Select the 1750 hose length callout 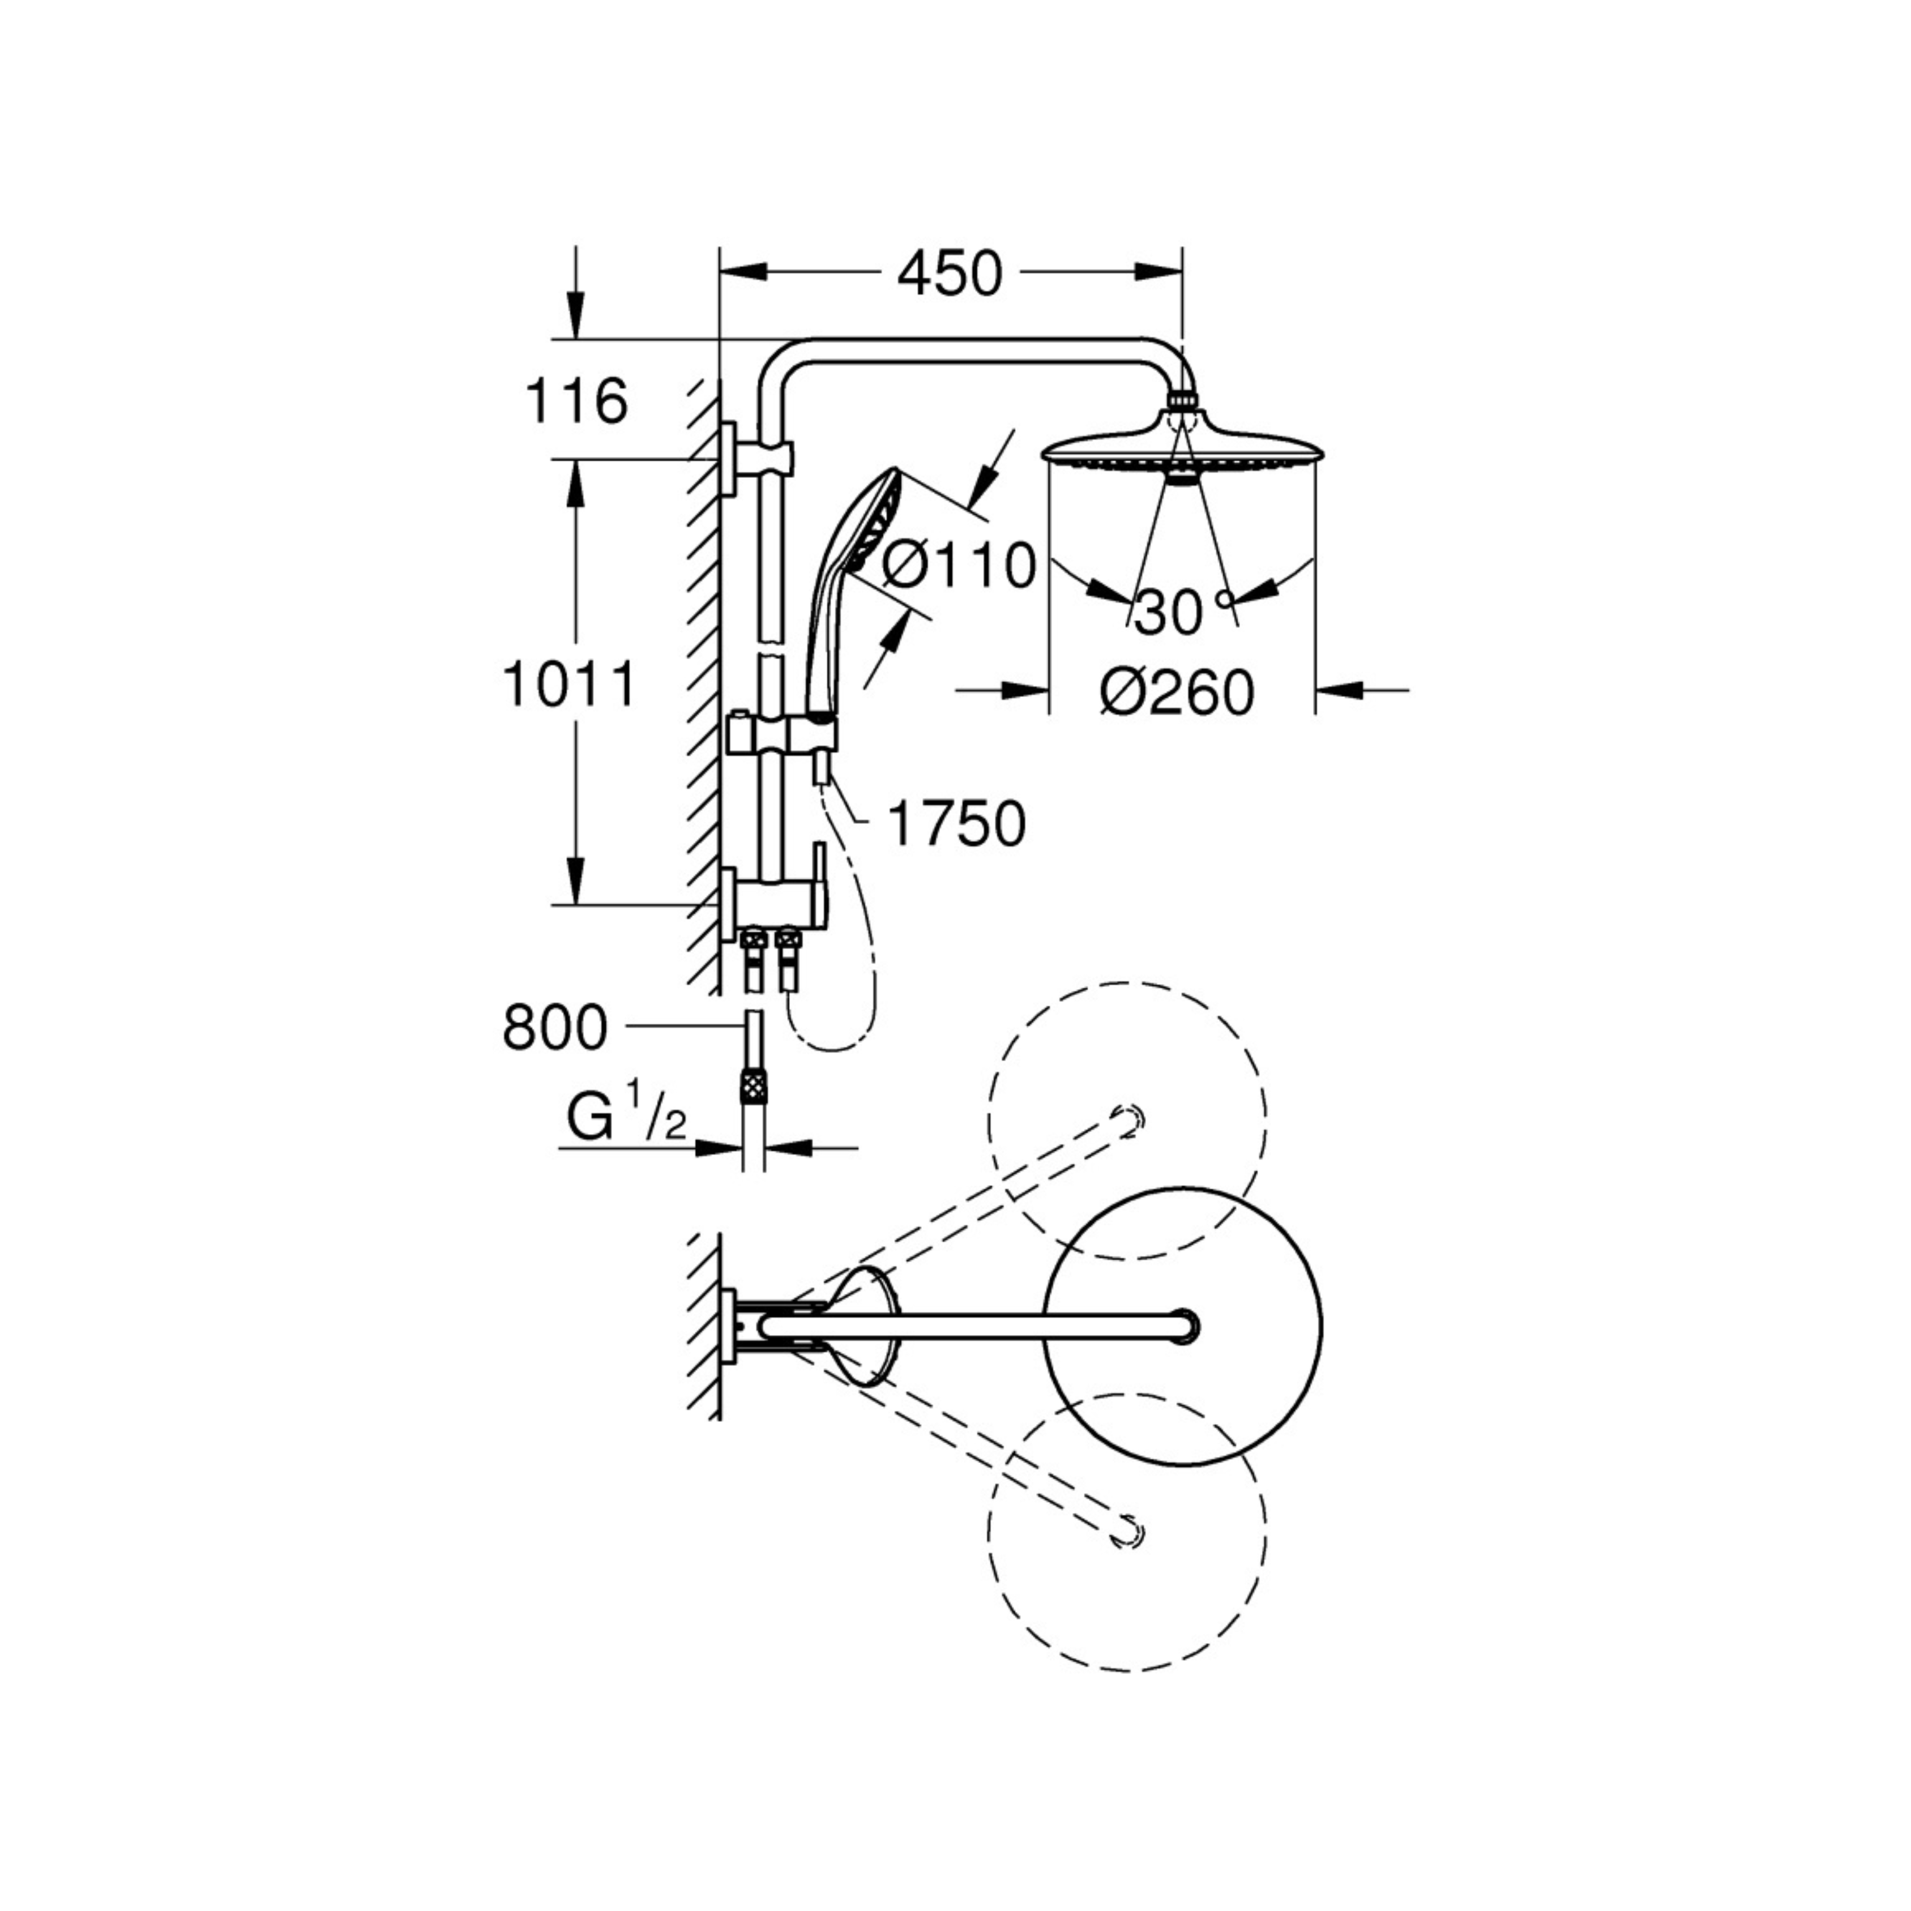tap(956, 824)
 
